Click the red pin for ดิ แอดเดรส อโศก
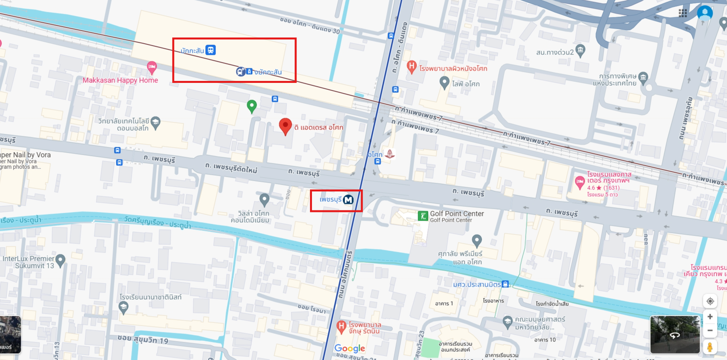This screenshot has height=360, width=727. click(285, 126)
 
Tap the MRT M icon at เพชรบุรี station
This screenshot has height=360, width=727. click(348, 200)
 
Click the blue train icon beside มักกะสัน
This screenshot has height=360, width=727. click(211, 50)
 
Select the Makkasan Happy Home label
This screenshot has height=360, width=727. click(120, 80)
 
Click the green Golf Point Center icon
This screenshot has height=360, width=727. click(423, 216)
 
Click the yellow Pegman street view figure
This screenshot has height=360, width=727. click(710, 347)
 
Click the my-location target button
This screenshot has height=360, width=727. click(710, 301)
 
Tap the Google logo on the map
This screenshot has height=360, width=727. click(349, 348)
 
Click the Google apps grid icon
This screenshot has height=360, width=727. click(683, 13)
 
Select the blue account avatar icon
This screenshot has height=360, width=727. click(705, 12)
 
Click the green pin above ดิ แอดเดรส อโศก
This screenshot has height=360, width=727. click(252, 105)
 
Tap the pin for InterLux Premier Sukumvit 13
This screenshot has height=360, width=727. click(60, 260)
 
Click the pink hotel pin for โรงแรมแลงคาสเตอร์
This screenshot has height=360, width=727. click(579, 182)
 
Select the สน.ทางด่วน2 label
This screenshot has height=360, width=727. click(554, 52)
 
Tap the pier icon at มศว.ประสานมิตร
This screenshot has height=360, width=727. click(505, 284)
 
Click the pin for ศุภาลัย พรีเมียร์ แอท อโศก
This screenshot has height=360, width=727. click(477, 240)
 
